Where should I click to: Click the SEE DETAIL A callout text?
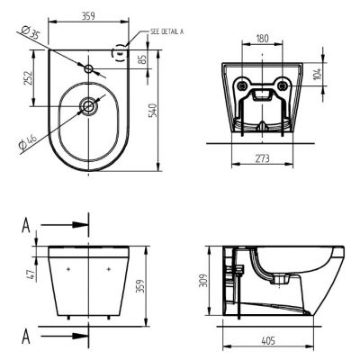pyautogui.click(x=166, y=31)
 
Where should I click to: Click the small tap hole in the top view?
pyautogui.click(x=91, y=68)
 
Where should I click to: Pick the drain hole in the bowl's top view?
pyautogui.click(x=90, y=106)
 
